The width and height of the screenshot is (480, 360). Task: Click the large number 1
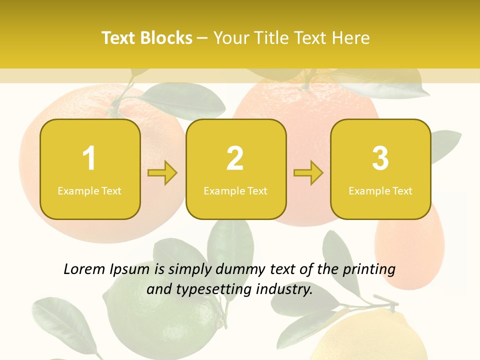[x=89, y=158]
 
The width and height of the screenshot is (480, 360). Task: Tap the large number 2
[x=235, y=158]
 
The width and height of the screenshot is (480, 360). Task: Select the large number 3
[x=380, y=158]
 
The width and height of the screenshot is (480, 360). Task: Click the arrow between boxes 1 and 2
[x=162, y=173]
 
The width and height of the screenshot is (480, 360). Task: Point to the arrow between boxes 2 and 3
[x=308, y=173]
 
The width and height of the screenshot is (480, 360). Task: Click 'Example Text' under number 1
[x=89, y=191]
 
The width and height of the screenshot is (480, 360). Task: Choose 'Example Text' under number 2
[x=235, y=191]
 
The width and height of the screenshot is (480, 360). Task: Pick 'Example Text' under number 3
[x=380, y=191]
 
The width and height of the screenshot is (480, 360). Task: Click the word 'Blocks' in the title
[x=166, y=38]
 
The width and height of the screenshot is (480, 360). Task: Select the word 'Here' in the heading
[x=351, y=38]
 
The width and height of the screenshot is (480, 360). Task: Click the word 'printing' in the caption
[x=369, y=270]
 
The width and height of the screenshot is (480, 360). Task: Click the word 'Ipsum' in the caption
[x=129, y=270]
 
